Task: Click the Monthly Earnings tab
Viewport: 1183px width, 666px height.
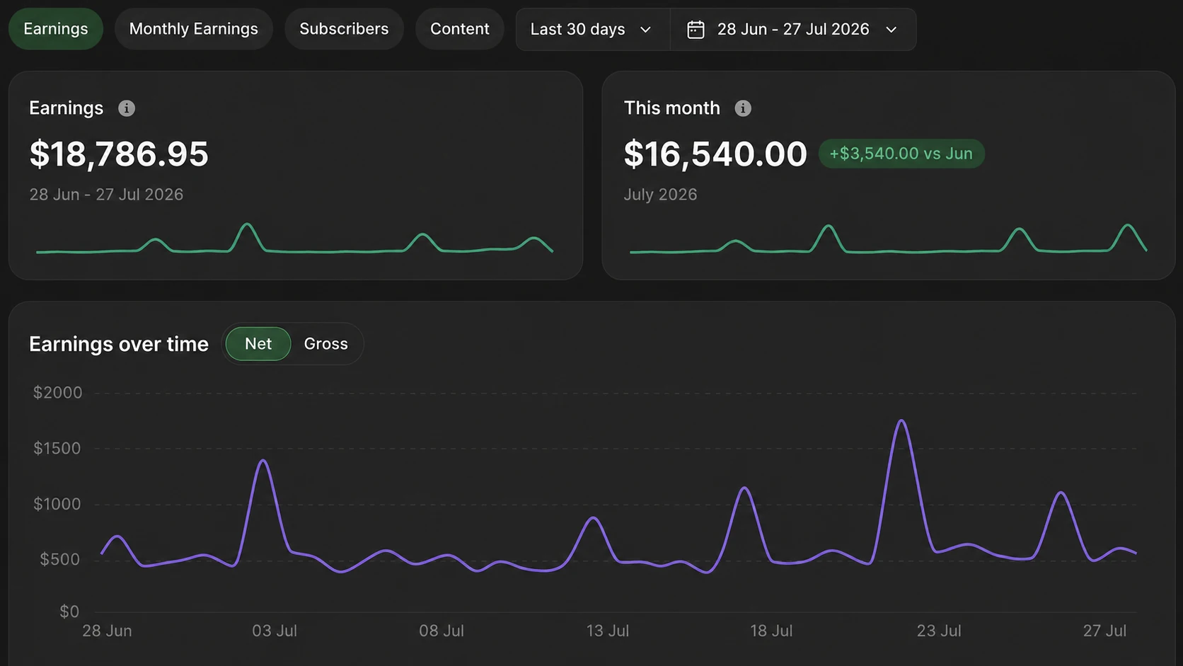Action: coord(193,29)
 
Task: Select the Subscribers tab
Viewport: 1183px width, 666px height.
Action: coord(344,29)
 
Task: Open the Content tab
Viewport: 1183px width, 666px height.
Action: coord(459,29)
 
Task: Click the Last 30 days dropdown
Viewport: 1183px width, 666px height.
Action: coord(592,30)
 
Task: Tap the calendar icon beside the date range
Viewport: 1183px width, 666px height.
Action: coord(696,30)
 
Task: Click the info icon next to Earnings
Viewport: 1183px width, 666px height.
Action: coord(126,108)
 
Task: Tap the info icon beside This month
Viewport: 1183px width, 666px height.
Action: coord(742,108)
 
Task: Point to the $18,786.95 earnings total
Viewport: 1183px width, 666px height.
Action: coord(119,154)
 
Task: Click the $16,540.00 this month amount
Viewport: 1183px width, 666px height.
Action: coord(715,154)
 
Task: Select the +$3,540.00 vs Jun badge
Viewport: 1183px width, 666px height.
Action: coord(901,154)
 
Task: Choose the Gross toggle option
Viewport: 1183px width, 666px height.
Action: coord(326,344)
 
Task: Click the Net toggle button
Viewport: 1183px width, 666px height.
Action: coord(258,344)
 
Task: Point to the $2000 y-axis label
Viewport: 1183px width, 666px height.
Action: coord(57,393)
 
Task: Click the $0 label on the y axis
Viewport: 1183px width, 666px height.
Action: coord(69,612)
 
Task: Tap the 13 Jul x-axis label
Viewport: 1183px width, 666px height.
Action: coord(607,631)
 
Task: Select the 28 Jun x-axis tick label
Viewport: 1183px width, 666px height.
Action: coord(107,631)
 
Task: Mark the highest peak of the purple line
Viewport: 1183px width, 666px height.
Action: coord(901,420)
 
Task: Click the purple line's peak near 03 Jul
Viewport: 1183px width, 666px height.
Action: coord(263,460)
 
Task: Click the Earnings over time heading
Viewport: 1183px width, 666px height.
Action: coord(119,345)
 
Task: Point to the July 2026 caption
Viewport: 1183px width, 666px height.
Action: coord(660,195)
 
